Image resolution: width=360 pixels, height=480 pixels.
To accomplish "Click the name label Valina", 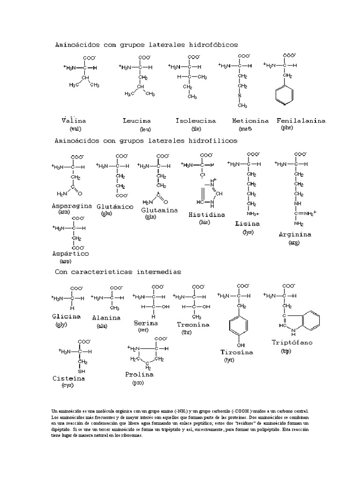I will [x=74, y=120].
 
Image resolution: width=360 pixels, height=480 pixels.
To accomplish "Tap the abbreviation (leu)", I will [x=145, y=129].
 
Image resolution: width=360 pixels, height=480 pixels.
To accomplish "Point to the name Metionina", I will [x=250, y=120].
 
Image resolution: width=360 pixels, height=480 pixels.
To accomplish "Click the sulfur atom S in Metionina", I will [x=239, y=96].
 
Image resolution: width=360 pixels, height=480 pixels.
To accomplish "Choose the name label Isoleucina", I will [x=195, y=120].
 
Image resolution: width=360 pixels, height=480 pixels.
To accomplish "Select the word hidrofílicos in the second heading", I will [x=212, y=140].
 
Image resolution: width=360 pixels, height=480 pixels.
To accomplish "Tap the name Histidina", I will [x=206, y=214].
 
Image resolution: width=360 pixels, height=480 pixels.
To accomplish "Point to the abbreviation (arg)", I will [x=294, y=242].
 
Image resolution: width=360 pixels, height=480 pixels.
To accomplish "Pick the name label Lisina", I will [x=247, y=224].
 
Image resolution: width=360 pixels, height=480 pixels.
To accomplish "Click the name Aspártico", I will [x=70, y=253].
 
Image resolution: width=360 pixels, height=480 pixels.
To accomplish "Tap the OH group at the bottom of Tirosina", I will [x=240, y=345].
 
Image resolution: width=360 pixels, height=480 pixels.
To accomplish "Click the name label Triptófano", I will [x=292, y=342].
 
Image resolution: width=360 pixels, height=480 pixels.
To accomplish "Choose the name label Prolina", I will [x=139, y=374].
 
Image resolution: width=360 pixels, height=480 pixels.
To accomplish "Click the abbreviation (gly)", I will [x=61, y=324].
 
